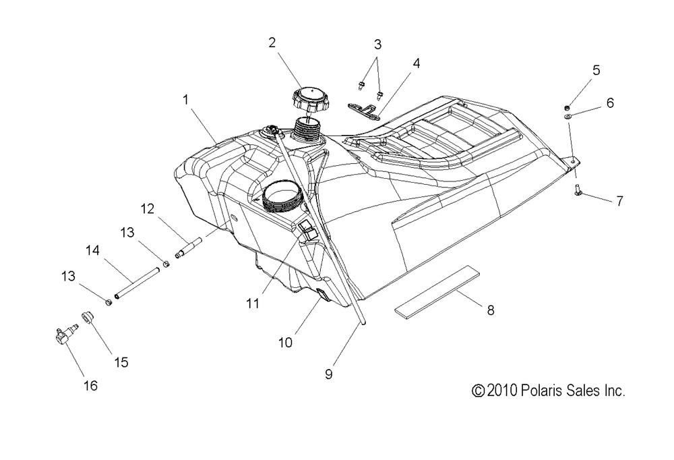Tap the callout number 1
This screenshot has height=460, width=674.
click(x=186, y=100)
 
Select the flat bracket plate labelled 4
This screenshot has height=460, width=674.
click(x=364, y=110)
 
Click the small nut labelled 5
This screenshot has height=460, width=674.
click(x=568, y=107)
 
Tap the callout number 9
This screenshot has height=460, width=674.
click(x=328, y=374)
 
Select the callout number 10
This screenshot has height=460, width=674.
click(x=285, y=343)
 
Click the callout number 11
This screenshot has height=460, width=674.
click(x=253, y=304)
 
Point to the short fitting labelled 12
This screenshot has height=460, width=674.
click(x=189, y=248)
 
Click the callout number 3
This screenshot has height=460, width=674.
click(x=377, y=44)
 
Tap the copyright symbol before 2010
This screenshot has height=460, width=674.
click(x=479, y=391)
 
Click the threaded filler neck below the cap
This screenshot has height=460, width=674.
click(x=307, y=129)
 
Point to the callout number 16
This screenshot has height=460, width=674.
click(x=90, y=386)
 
